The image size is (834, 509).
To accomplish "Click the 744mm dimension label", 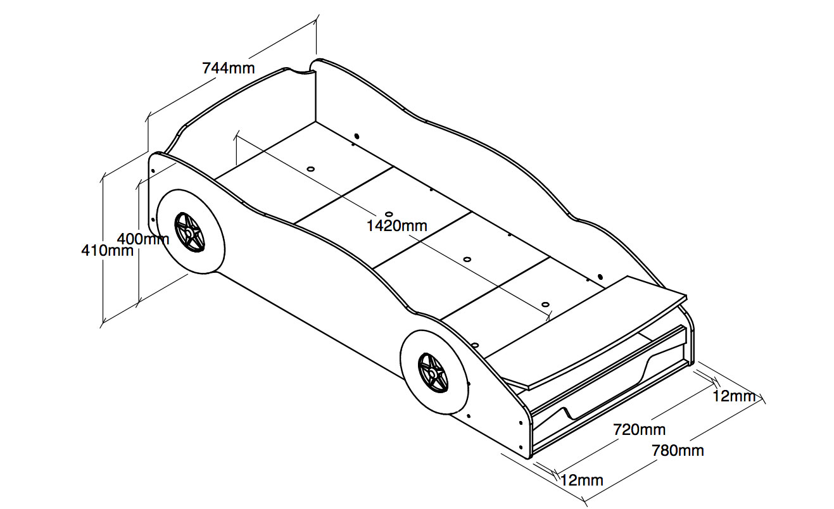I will pos(229,67).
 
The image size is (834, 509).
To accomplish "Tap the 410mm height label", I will pos(107,250).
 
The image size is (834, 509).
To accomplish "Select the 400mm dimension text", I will pos(143,239).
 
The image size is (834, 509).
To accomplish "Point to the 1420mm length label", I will pos(397,225).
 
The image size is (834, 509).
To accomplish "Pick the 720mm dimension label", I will pos(639,429).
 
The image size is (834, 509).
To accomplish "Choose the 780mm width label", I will pos(678,450).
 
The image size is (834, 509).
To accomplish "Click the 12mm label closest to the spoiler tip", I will pos(735,396).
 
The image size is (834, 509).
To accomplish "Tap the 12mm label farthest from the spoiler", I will pos(581,480).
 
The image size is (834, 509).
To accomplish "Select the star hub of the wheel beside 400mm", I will pos(189,232).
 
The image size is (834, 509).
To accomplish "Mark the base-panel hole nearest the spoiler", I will pos(546,304).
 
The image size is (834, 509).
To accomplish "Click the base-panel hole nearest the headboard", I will pos(311,170).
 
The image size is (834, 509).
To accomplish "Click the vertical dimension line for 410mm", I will pos(103,253).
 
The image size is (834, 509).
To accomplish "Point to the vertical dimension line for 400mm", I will pos(138,266).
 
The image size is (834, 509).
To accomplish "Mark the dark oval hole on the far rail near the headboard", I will pos(357,135).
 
